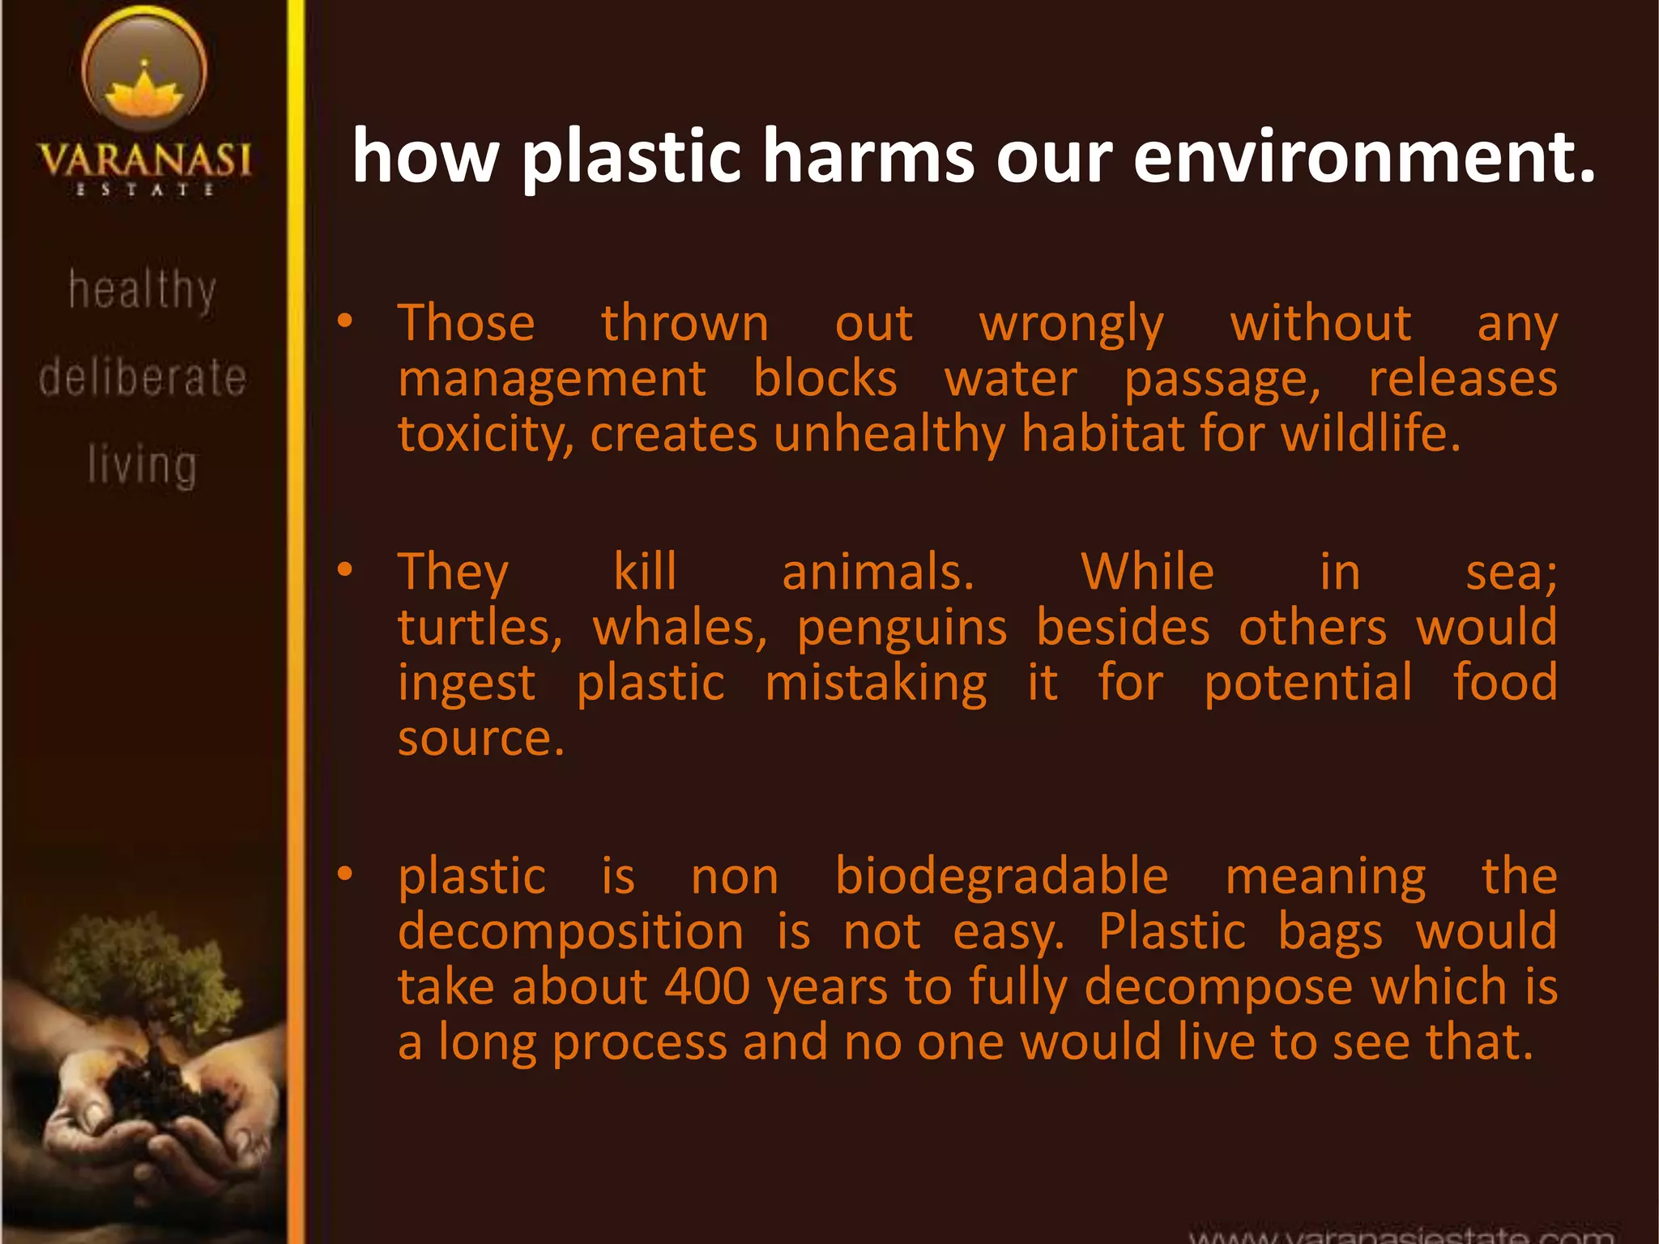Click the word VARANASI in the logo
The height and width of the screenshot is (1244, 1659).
145,160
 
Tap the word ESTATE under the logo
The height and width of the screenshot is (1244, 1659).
144,190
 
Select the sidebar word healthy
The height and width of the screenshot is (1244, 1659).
143,290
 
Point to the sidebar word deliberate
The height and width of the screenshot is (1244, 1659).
143,377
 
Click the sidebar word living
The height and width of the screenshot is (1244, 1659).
143,466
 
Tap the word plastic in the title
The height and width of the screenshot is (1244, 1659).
632,157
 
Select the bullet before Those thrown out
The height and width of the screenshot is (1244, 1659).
345,322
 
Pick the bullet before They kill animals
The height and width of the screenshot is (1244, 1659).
345,570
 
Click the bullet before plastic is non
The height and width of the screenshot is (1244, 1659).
345,874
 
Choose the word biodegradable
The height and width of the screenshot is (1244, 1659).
1001,877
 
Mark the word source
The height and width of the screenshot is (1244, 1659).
480,739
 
